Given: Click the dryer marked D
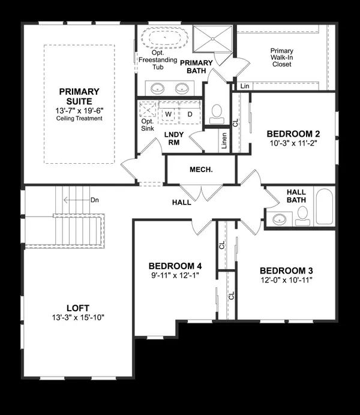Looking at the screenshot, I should click(190, 113).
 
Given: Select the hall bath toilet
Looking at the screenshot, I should click(302, 216).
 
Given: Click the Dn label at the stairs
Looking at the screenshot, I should click(94, 200).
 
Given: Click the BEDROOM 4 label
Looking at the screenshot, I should click(175, 266).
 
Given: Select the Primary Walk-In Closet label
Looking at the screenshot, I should click(281, 58).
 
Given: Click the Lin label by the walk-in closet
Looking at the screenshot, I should click(244, 86).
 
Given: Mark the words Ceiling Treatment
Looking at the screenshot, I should click(79, 118).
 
